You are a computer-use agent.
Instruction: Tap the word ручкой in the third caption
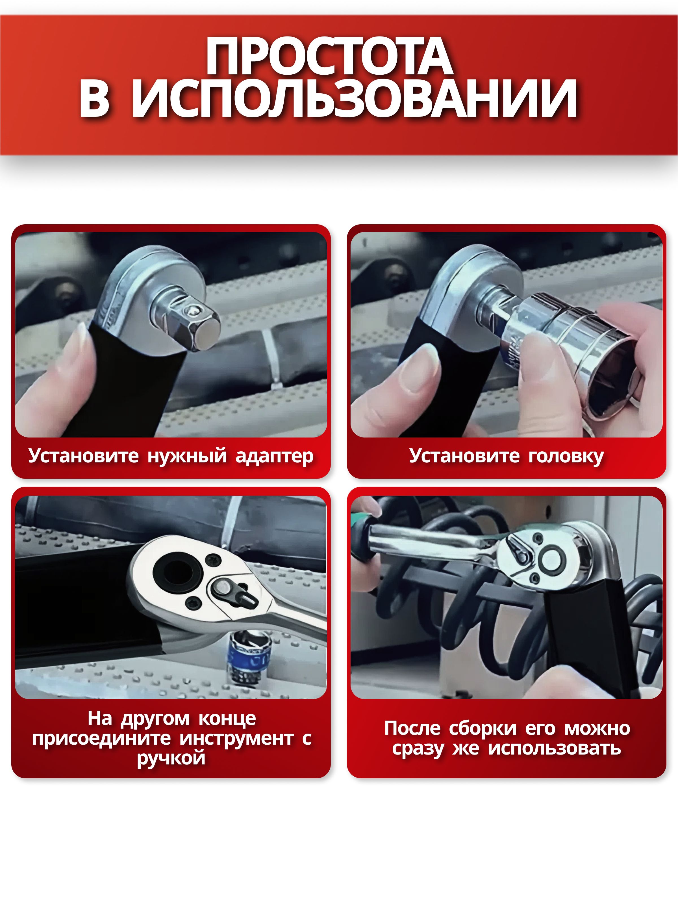[x=171, y=759]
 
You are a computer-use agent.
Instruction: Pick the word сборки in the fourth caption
[x=483, y=729]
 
